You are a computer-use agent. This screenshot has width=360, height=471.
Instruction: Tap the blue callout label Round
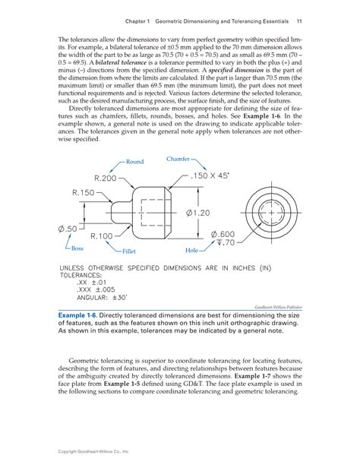[x=135, y=162]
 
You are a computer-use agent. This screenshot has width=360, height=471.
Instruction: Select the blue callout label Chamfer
[x=178, y=159]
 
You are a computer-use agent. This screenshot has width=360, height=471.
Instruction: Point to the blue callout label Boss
[x=78, y=248]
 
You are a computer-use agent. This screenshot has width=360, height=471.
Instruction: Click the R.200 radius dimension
[x=102, y=178]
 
